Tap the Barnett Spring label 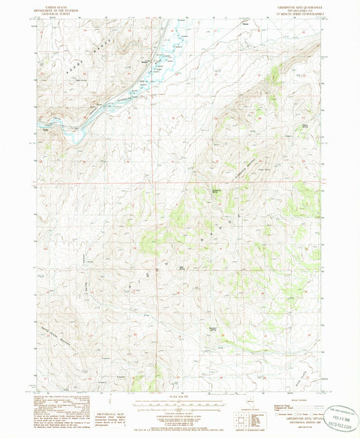point(214,329)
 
